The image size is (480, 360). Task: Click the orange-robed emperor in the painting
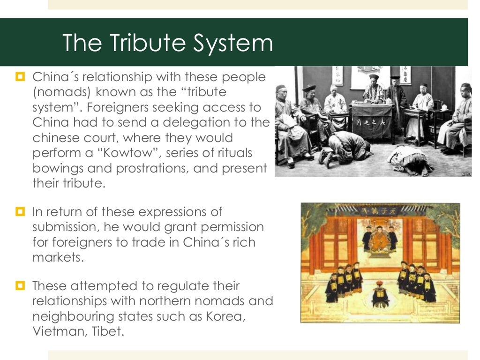click(x=380, y=239)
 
